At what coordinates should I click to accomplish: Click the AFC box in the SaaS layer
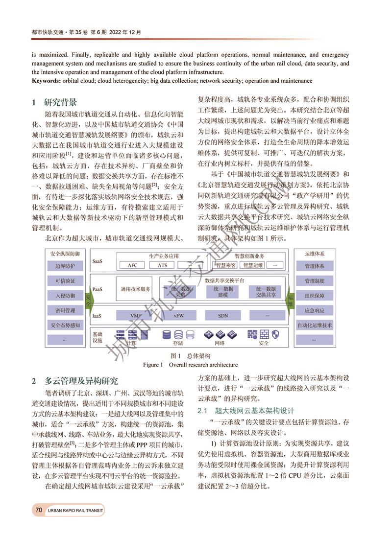point(132,265)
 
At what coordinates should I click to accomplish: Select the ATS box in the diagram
point(162,265)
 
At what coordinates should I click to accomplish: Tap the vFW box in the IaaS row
point(178,316)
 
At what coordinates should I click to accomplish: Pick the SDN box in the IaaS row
point(223,316)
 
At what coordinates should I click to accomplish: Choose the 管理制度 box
point(314,281)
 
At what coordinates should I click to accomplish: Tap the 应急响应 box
point(314,310)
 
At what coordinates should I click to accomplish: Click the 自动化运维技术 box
point(314,325)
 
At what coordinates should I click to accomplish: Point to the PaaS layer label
point(98,289)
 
